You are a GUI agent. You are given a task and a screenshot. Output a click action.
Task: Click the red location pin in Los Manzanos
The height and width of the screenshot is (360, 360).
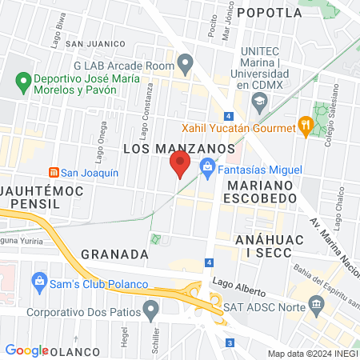pyautogui.click(x=180, y=164)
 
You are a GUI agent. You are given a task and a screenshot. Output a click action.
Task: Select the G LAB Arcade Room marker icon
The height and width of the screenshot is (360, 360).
pyautogui.click(x=186, y=61)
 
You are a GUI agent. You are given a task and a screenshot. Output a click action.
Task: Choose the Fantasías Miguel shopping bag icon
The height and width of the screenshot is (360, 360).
pyautogui.click(x=207, y=169)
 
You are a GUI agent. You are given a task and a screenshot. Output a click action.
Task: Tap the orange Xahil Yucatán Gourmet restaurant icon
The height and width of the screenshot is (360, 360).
pyautogui.click(x=305, y=125)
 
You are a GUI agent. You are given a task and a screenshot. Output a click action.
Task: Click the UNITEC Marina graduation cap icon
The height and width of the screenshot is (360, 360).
pyautogui.click(x=258, y=102)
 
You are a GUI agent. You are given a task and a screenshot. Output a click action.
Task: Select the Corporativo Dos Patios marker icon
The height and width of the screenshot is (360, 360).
pyautogui.click(x=152, y=307)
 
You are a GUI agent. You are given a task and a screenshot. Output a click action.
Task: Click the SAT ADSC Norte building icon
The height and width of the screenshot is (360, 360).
pyautogui.click(x=317, y=303)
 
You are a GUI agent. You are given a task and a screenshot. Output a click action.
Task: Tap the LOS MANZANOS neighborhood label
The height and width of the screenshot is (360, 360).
pyautogui.click(x=178, y=149)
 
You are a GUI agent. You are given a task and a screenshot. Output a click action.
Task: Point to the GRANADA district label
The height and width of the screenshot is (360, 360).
pyautogui.click(x=114, y=254)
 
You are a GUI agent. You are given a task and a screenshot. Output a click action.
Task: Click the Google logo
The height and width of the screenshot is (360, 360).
pyautogui.click(x=26, y=350)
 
